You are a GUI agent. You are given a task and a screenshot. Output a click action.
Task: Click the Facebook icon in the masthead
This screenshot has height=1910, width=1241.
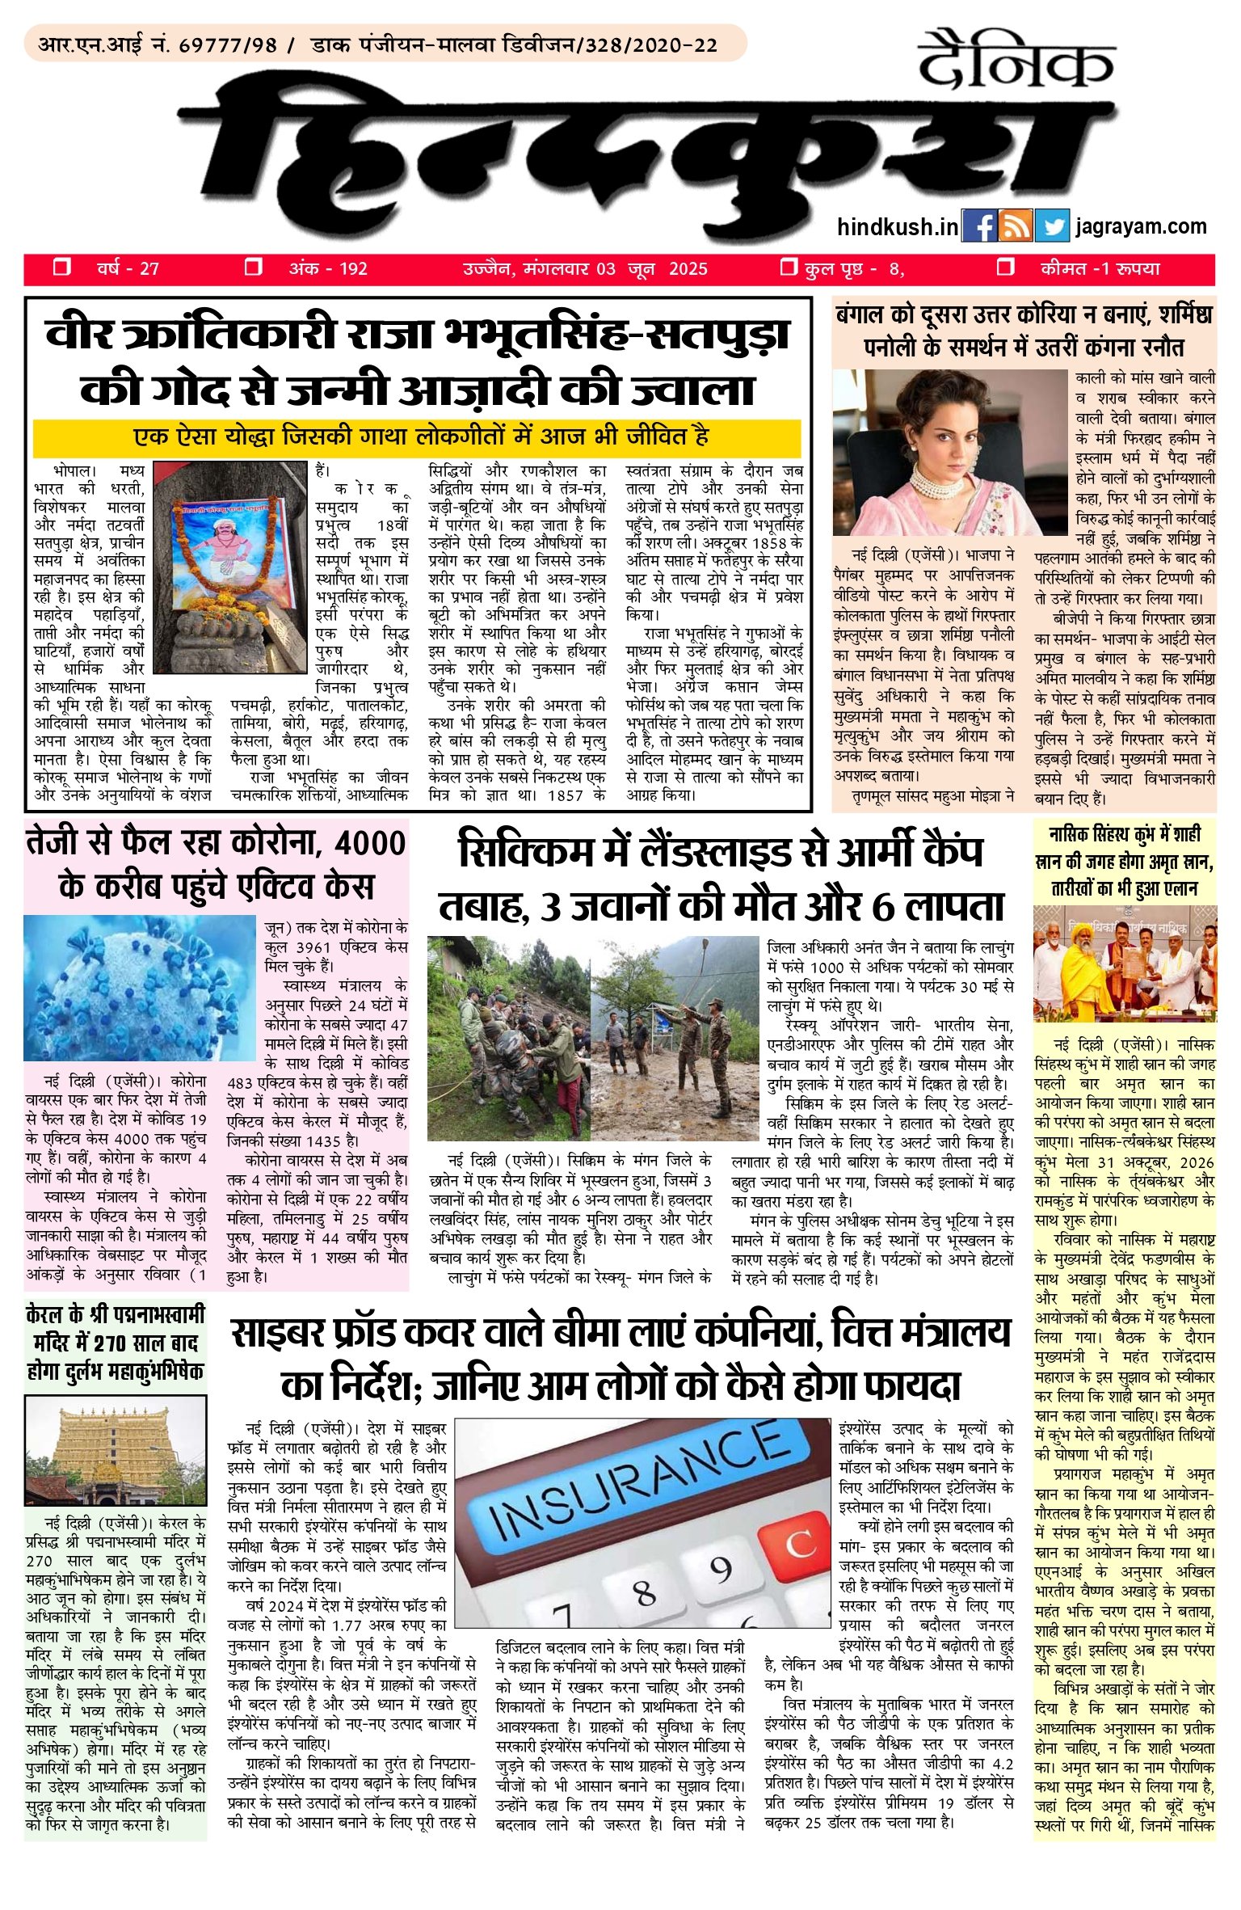click(980, 227)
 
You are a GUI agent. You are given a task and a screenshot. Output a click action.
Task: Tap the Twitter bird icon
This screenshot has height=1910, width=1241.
click(1051, 227)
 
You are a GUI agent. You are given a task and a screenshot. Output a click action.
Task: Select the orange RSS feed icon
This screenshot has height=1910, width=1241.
click(1016, 227)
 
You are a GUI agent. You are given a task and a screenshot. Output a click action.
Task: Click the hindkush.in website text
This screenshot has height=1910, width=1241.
click(898, 227)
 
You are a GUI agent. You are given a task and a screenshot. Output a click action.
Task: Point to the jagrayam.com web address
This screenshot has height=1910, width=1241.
click(1141, 226)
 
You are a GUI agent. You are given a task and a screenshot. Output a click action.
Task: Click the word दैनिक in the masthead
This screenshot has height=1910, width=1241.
click(1016, 60)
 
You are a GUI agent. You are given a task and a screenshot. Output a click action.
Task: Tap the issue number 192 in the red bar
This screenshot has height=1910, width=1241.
click(352, 269)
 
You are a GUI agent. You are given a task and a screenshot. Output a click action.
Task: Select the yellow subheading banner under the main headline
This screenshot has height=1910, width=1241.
click(417, 439)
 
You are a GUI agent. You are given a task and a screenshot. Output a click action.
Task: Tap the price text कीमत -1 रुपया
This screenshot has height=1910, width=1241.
click(1100, 269)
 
